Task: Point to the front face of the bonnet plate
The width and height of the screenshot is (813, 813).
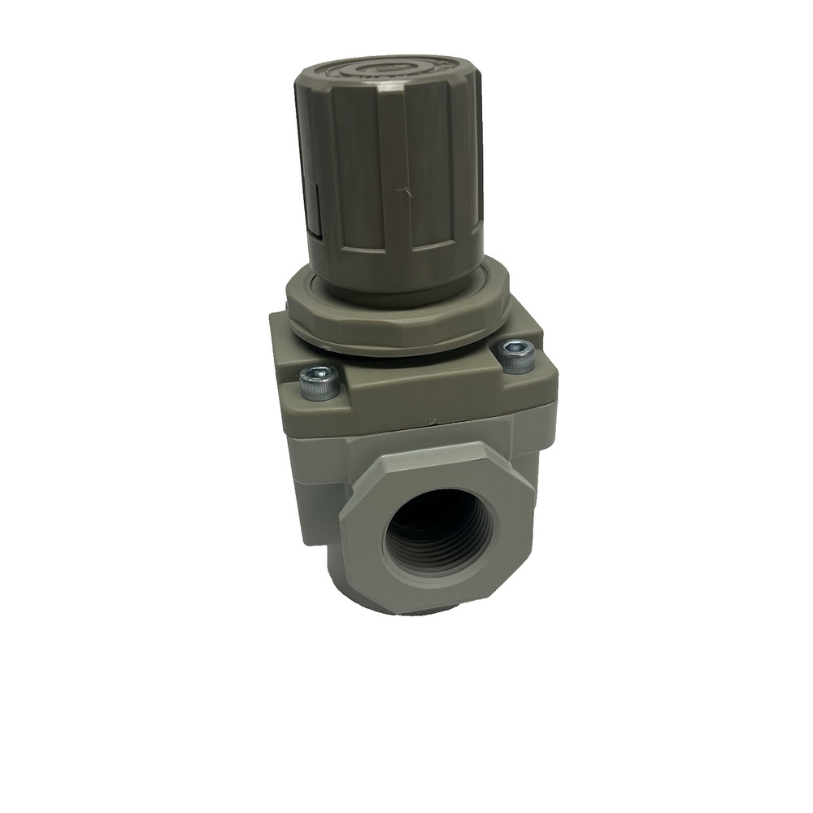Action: pos(423,398)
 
